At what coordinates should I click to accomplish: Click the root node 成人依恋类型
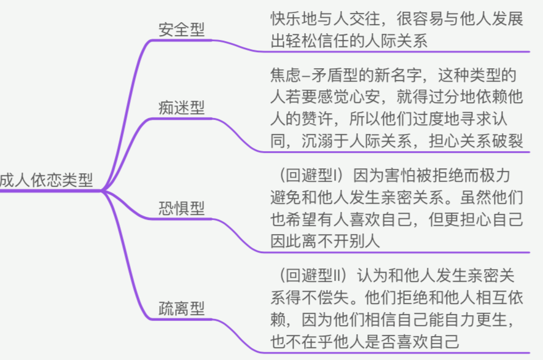[47, 180]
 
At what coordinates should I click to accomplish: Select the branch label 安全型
[182, 29]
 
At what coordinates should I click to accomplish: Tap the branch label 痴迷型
[182, 108]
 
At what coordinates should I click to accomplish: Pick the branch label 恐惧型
[182, 208]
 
